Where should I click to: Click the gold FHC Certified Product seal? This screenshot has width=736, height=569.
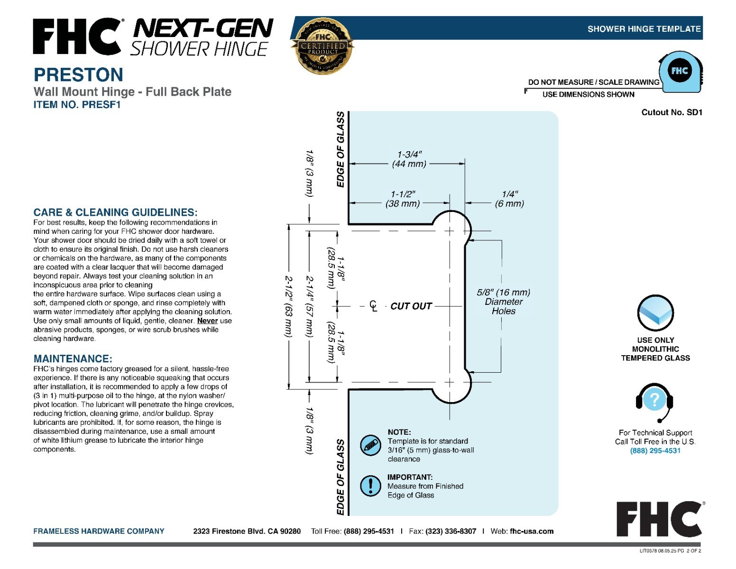coord(322,46)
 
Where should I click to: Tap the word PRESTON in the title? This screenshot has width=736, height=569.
coord(78,74)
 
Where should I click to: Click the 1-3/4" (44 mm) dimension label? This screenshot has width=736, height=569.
coord(409,159)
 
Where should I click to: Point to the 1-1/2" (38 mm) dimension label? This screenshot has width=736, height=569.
coord(402,199)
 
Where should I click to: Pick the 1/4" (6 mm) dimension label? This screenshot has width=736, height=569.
coord(509,199)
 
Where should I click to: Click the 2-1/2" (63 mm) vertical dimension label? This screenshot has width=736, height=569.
coord(288,306)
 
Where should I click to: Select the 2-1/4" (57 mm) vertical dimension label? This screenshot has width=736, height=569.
coord(309,306)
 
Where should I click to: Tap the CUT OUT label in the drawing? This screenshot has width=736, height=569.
coord(411,306)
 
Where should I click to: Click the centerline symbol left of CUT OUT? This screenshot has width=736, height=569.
coord(373,306)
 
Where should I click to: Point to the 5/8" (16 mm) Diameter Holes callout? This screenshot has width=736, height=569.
coord(503,302)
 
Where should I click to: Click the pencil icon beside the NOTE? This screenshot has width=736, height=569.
coord(370,445)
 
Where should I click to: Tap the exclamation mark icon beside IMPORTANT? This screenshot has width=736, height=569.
coord(370,486)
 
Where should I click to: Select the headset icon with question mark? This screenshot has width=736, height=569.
coord(654,403)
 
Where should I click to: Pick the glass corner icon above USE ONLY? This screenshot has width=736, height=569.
coord(655,313)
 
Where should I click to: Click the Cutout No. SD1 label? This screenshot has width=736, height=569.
coord(672,112)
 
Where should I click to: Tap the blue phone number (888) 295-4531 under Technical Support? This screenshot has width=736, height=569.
coord(655,450)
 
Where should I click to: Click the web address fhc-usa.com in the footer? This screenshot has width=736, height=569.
coord(532,531)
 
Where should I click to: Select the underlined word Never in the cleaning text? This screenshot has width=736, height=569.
coord(207,321)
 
